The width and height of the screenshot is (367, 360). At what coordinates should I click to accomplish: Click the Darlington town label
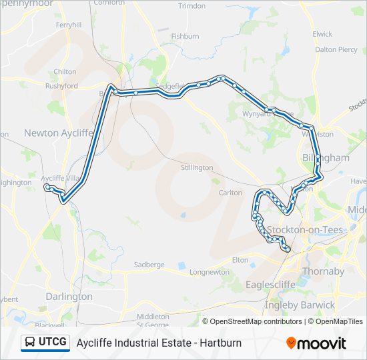point(69,296)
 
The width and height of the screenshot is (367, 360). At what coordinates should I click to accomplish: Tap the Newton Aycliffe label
point(57,133)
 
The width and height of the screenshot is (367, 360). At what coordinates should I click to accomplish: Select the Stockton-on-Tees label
point(295,230)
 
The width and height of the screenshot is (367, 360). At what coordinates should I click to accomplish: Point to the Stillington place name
point(197,168)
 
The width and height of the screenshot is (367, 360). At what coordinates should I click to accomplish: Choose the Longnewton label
point(209,272)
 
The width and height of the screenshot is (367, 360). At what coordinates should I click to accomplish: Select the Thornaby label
point(323,271)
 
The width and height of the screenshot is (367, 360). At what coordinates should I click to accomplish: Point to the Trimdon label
point(192,5)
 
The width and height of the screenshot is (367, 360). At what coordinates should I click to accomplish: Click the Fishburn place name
point(185,36)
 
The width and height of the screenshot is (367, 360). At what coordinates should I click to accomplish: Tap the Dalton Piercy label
point(336,49)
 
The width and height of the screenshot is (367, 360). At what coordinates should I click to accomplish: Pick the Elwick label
point(322,33)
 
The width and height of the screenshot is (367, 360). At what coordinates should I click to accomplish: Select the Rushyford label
point(61,86)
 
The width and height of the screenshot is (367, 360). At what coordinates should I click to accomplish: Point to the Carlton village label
point(231,193)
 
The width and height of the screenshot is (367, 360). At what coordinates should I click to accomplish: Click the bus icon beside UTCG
point(30,343)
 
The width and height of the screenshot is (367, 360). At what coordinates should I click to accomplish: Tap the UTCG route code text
point(53,343)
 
